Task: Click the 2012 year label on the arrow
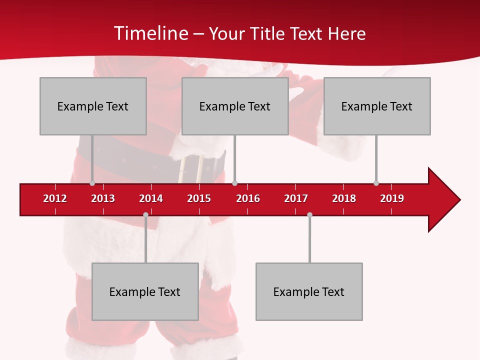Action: tap(55, 198)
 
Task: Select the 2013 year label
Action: tap(103, 198)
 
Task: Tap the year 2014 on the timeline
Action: tap(151, 198)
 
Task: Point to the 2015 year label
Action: tap(199, 198)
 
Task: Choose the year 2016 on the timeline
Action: tap(248, 198)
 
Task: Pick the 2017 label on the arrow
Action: tap(296, 198)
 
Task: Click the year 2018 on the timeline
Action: tap(344, 198)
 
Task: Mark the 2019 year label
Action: tap(392, 198)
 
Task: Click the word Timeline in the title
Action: tap(150, 33)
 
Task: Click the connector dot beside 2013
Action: tap(92, 183)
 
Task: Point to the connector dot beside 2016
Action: tap(234, 183)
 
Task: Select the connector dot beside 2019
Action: tap(376, 183)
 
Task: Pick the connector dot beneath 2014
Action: tap(145, 215)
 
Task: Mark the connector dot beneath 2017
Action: tap(309, 215)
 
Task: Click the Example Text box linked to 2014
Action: tap(145, 291)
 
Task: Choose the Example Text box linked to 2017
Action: tap(309, 291)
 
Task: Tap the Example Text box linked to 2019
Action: tap(377, 106)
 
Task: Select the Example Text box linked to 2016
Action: tap(235, 106)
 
